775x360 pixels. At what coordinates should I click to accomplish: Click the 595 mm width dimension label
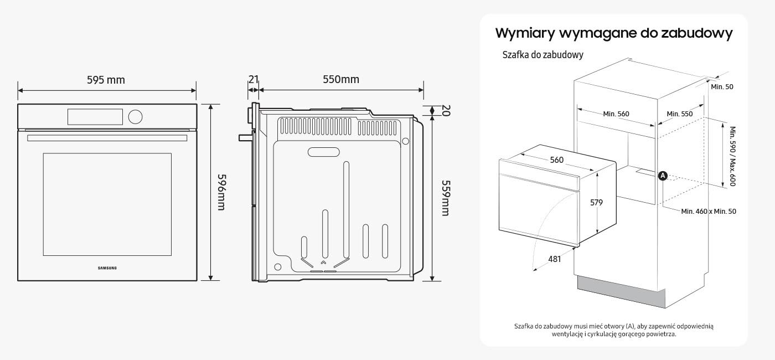(x=106, y=80)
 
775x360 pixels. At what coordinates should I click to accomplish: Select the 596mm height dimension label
(x=221, y=192)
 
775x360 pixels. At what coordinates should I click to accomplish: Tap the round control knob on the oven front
(x=135, y=116)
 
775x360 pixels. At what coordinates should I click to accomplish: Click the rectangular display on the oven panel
(x=95, y=116)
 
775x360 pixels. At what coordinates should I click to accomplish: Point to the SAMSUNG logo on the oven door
(x=107, y=268)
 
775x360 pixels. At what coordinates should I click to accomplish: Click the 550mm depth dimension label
(x=341, y=79)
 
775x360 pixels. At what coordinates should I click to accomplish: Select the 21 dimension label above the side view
(x=253, y=79)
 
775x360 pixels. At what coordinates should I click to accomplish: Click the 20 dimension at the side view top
(x=446, y=111)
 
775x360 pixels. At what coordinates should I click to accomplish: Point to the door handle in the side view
(x=244, y=137)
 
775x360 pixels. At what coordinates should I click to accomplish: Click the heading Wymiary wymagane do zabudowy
(x=614, y=33)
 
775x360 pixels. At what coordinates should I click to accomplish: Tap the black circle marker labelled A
(x=663, y=176)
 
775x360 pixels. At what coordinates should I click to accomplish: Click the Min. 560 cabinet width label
(x=616, y=114)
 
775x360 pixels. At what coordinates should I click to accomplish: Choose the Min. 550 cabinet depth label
(x=679, y=114)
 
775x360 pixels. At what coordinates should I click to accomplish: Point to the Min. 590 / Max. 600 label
(x=732, y=156)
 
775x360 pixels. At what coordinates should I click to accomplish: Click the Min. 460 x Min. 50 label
(x=709, y=211)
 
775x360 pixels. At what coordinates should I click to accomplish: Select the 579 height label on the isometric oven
(x=596, y=203)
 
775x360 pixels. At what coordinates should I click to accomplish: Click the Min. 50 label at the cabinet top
(x=722, y=87)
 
